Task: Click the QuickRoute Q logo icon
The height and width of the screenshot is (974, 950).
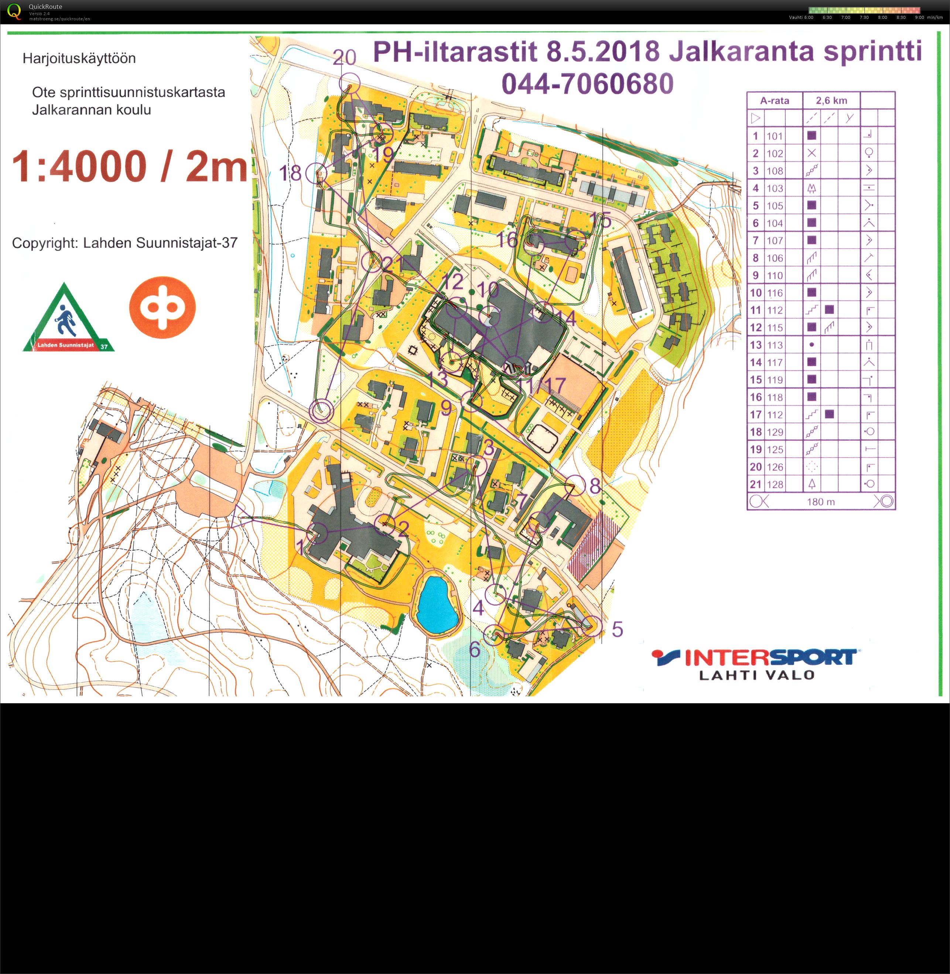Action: click(14, 11)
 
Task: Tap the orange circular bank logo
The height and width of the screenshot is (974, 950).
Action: click(162, 307)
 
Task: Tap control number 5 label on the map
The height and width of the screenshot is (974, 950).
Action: click(617, 629)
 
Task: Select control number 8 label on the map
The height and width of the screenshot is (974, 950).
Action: click(595, 485)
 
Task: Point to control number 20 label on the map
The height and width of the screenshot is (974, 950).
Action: click(344, 58)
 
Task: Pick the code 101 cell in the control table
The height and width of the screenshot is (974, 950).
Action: click(775, 136)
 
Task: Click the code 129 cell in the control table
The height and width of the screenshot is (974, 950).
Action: click(775, 432)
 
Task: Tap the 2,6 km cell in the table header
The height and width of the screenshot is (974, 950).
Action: click(831, 101)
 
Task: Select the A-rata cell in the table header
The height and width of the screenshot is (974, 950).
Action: click(775, 101)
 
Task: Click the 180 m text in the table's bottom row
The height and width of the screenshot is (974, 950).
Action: click(821, 502)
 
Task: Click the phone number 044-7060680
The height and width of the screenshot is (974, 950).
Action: click(587, 84)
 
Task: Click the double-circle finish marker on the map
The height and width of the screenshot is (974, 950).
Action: click(321, 411)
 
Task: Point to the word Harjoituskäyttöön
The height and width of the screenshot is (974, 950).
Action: click(79, 58)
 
